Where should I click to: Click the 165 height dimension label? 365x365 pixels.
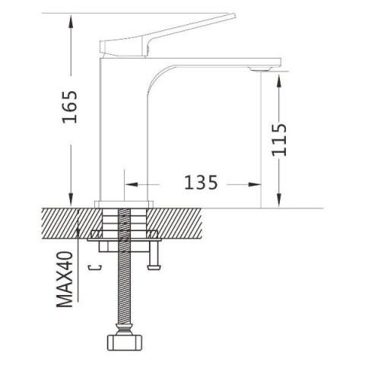point(70,106)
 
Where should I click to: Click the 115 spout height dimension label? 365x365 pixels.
point(279,140)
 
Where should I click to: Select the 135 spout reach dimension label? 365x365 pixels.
point(201,182)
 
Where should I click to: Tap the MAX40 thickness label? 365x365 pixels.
point(65,279)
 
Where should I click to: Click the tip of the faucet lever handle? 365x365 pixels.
point(234,15)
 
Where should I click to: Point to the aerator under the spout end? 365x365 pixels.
point(261,69)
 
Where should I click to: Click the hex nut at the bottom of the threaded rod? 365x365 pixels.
point(124,343)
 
